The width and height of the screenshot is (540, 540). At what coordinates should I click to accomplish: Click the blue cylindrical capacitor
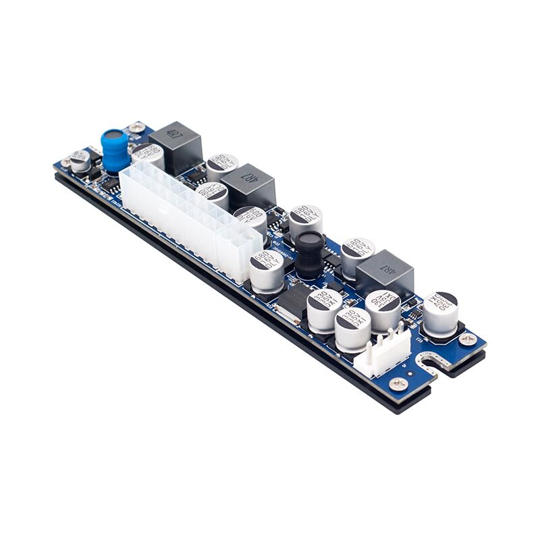coord(115,149)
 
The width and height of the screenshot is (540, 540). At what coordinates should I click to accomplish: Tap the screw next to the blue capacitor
coord(138,127)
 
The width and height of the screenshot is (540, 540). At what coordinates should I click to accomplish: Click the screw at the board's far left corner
coord(66,163)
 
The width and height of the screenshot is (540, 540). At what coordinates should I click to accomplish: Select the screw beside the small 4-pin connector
coord(398,383)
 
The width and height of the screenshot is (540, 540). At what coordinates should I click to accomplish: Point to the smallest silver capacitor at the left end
coord(80,161)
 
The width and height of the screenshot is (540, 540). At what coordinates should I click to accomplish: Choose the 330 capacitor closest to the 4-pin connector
coord(353,327)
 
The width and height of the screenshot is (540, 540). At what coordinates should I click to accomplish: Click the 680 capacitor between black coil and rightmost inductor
coord(357,255)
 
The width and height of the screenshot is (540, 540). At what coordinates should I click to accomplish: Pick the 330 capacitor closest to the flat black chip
coord(324,308)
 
